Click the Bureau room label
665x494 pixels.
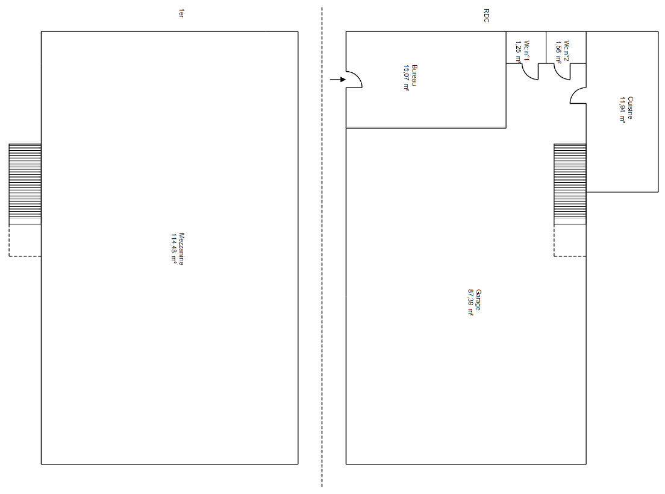(415, 75)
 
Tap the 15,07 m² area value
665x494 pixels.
(407, 78)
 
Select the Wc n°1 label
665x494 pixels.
(526, 51)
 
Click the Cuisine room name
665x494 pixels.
(630, 108)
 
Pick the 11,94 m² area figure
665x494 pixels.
(622, 110)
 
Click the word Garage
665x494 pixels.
(478, 300)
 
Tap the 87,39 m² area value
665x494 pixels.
(470, 302)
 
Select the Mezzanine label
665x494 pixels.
(181, 249)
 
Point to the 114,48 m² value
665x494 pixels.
(173, 249)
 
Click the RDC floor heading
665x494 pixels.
(487, 16)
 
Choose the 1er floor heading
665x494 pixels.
(181, 13)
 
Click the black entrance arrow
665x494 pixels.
(338, 80)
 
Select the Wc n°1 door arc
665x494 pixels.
(527, 75)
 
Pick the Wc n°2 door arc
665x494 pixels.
(560, 75)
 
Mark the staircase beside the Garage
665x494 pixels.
(570, 184)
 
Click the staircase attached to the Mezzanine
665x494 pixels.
(25, 184)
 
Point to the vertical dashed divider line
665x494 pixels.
(322, 247)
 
